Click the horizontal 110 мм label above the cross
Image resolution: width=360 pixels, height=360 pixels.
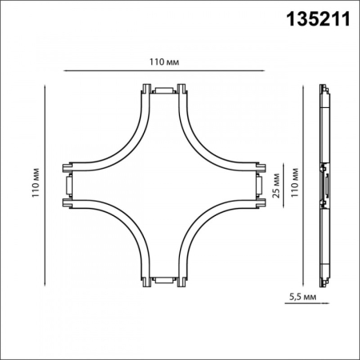(163, 60)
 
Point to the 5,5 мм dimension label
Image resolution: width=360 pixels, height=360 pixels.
(303, 298)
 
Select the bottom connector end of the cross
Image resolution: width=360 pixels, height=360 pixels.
(163, 280)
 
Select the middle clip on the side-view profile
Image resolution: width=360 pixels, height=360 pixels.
(325, 184)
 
